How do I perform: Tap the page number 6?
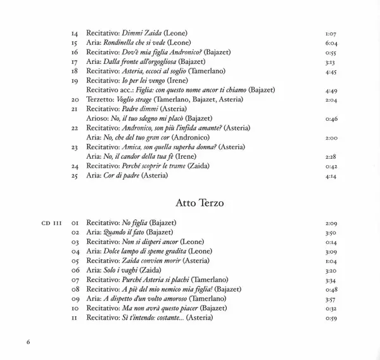pyautogui.click(x=28, y=342)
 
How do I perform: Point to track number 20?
pyautogui.click(x=75, y=100)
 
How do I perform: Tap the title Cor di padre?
pyautogui.click(x=122, y=176)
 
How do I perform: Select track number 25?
pyautogui.click(x=75, y=176)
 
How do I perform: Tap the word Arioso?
pyautogui.click(x=96, y=118)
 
